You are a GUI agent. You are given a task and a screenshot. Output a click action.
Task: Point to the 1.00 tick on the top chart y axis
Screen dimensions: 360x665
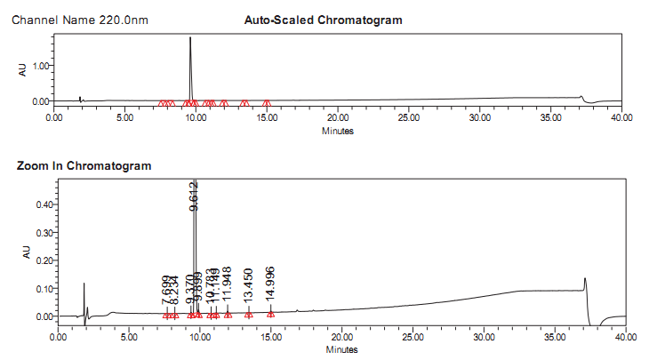[40, 66]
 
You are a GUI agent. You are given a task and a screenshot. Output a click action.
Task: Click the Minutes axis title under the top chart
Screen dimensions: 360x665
[338, 131]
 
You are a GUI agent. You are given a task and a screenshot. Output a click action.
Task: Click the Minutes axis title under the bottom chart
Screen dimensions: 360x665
[342, 349]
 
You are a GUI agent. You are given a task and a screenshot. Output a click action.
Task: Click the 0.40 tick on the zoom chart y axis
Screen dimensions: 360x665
[43, 204]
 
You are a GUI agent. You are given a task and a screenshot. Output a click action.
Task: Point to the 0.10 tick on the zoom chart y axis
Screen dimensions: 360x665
[43, 288]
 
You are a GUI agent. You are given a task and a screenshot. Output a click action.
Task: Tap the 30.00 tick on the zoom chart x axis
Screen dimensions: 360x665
[485, 338]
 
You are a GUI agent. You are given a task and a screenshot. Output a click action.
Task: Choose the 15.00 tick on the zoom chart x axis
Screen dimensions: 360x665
[271, 338]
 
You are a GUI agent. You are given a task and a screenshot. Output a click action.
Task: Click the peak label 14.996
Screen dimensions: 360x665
[270, 284]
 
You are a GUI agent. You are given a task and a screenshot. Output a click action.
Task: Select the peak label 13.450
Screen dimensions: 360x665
[249, 286]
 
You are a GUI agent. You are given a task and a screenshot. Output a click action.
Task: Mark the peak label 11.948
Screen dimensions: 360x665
[228, 286]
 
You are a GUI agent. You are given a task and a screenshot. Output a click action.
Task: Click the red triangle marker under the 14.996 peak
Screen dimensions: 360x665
[270, 314]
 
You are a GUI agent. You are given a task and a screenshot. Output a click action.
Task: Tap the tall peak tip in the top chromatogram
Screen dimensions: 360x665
[190, 37]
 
